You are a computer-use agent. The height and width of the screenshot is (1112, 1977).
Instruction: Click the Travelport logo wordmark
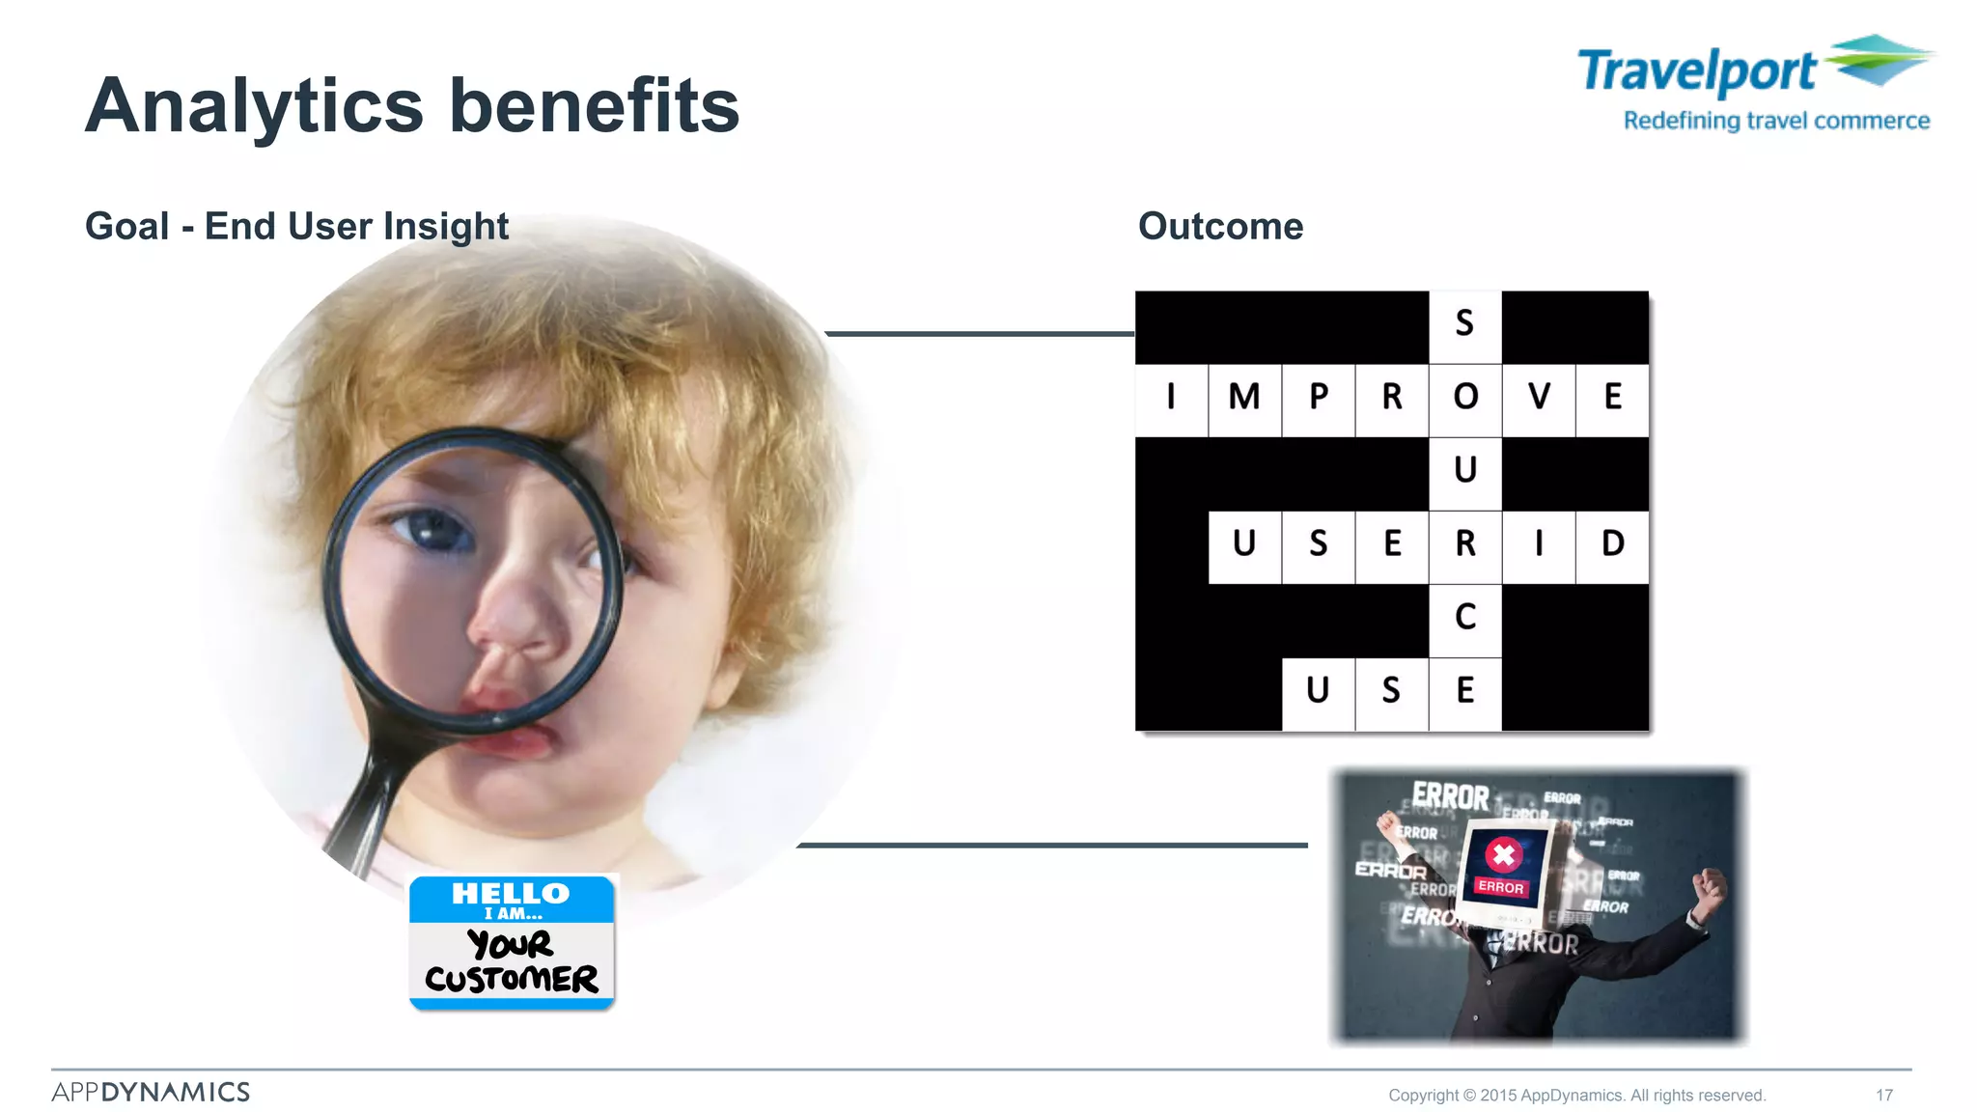[x=1697, y=71]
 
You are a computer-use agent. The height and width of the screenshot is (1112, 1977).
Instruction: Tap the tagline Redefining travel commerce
[x=1776, y=121]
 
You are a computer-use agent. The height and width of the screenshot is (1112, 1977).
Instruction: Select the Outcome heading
[x=1220, y=226]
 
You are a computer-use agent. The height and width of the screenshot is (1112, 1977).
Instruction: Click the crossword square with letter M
[x=1244, y=397]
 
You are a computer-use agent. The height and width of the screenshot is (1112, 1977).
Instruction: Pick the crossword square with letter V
[x=1539, y=397]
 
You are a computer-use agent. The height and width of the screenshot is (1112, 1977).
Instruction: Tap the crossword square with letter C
[x=1465, y=617]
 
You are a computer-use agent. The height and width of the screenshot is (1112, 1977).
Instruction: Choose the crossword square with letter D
[x=1612, y=543]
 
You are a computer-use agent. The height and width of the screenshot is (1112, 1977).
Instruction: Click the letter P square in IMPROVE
[x=1319, y=397]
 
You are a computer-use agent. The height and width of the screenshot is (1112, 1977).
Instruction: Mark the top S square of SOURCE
[x=1465, y=323]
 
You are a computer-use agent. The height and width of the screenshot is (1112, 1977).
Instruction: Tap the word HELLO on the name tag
[x=511, y=893]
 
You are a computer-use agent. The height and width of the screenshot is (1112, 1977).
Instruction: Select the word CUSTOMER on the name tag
[x=512, y=979]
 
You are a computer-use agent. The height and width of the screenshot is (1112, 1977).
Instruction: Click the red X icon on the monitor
[x=1503, y=854]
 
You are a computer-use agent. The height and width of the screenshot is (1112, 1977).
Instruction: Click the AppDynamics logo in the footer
[x=151, y=1092]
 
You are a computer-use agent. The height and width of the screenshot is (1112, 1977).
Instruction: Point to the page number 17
[x=1884, y=1095]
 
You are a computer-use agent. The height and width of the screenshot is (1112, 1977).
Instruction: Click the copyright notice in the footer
[x=1576, y=1095]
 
